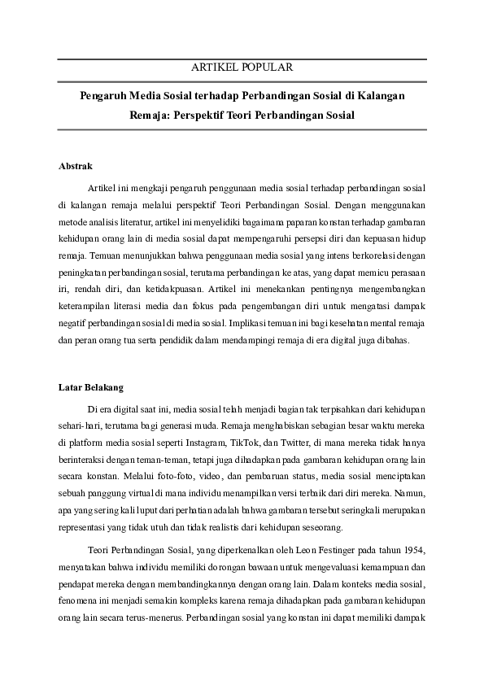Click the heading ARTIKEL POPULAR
click(242, 68)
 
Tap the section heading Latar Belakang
click(90, 386)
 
